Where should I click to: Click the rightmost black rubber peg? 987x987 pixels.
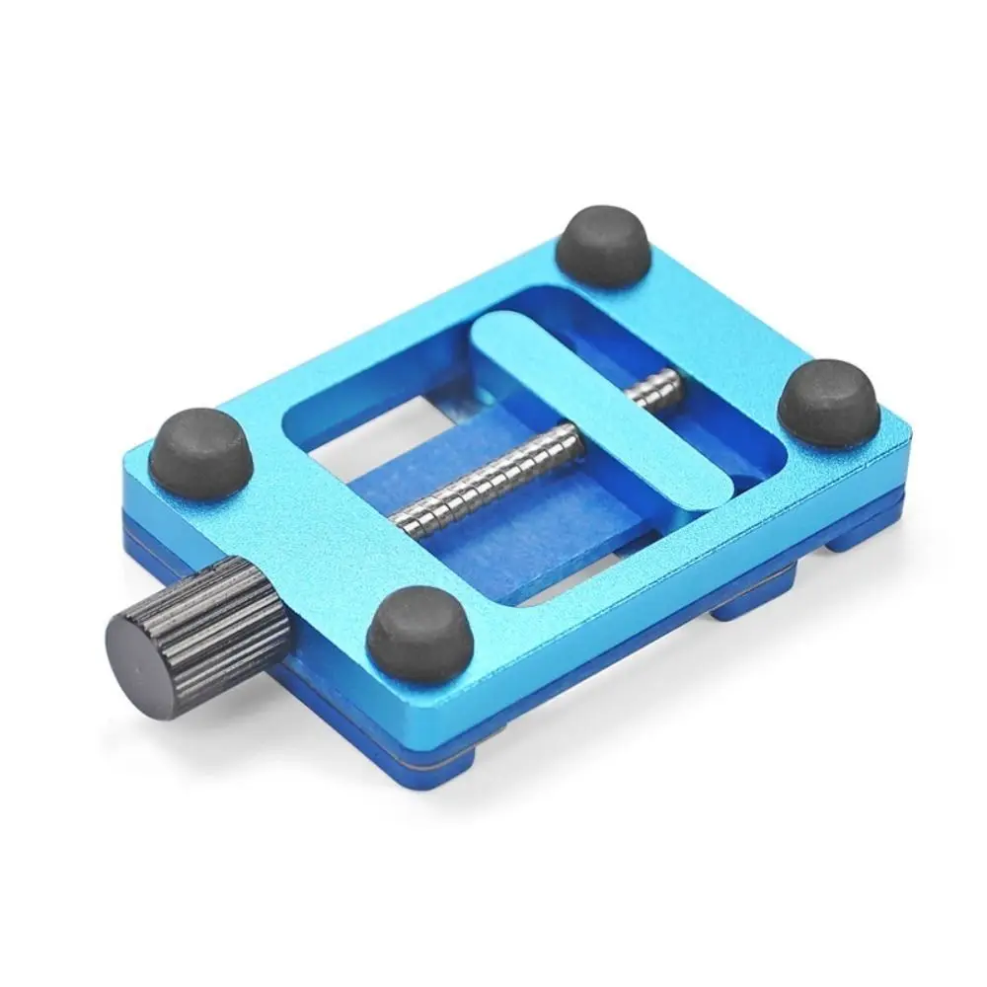[x=828, y=402]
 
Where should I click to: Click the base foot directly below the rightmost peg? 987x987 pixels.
[x=859, y=534]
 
